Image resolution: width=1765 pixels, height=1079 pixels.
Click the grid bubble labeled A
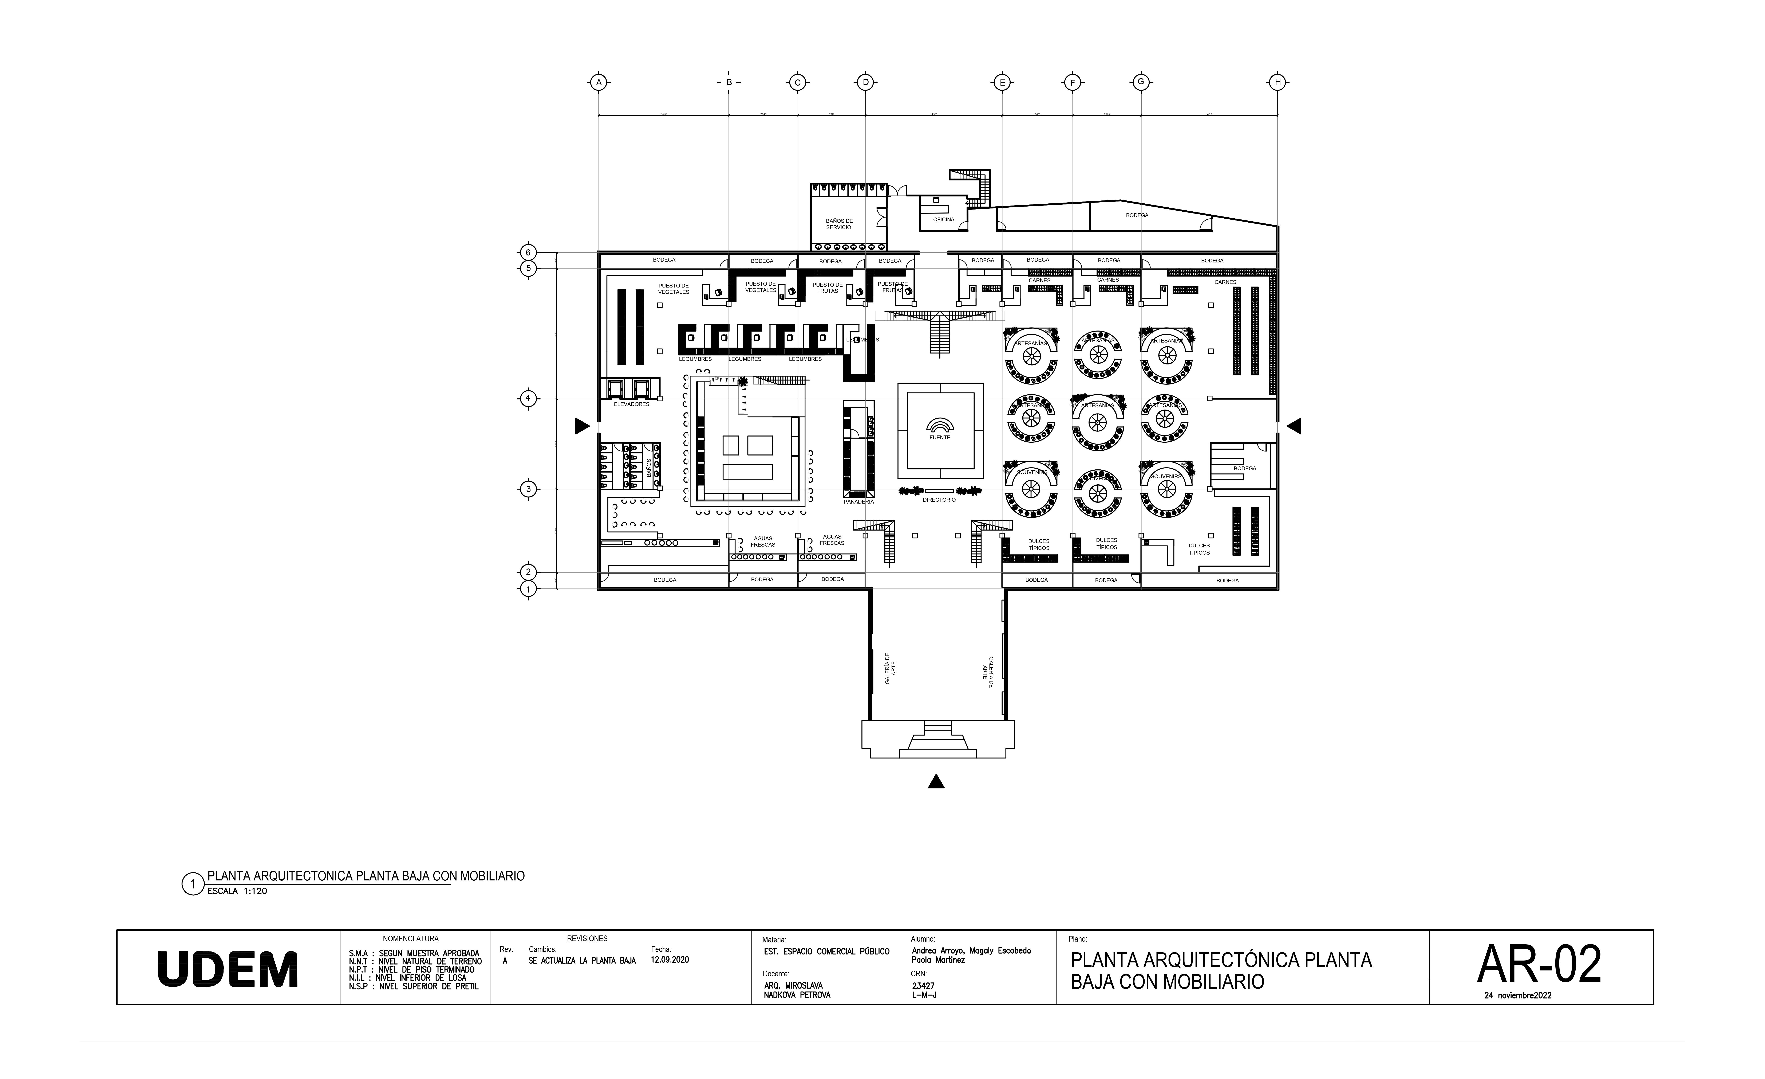point(599,82)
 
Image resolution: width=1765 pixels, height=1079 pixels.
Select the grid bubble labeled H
point(1277,82)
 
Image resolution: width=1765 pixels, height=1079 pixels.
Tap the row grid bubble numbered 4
point(528,398)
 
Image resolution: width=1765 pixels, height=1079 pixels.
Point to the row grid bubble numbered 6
point(528,252)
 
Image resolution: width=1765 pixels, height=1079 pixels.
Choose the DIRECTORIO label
point(939,499)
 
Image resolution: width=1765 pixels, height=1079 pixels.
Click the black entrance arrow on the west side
point(582,426)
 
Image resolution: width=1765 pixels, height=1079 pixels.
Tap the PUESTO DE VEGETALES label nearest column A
point(673,289)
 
